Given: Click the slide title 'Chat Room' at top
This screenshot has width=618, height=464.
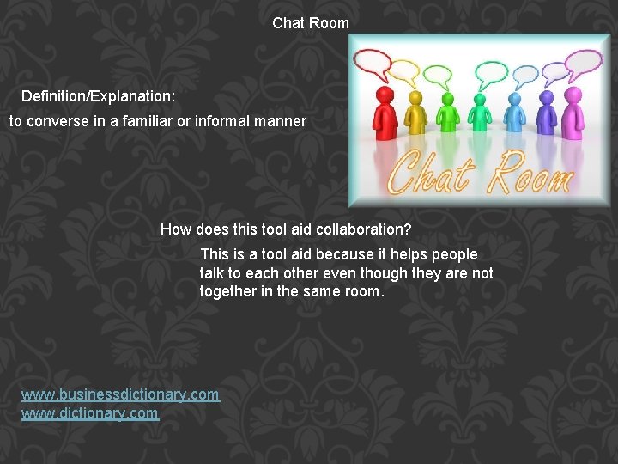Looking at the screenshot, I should [x=311, y=23].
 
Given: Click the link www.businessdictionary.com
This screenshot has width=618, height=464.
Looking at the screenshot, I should [x=120, y=394].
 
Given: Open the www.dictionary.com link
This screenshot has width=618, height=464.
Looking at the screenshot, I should [x=90, y=413].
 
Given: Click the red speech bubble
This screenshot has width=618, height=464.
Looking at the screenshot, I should [x=373, y=63].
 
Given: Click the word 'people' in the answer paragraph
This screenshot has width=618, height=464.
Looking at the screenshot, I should [x=454, y=254].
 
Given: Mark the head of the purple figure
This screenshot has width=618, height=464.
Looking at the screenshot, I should [x=546, y=98].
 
